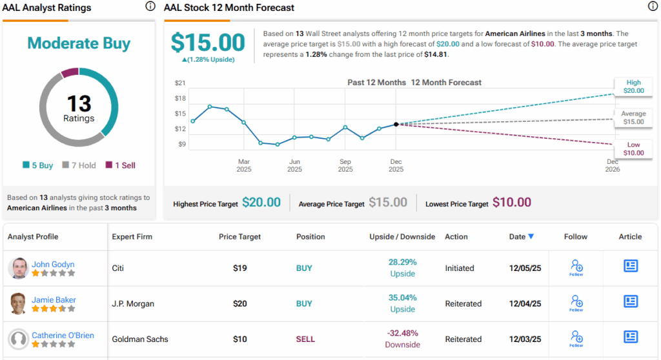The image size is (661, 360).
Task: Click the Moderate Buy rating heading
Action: coord(79,44)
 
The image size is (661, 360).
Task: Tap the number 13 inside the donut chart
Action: coord(79,103)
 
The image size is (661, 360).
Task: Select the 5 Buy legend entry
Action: coord(38,165)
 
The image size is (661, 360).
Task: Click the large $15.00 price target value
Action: coord(208,43)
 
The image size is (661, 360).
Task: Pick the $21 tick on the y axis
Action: coord(180,83)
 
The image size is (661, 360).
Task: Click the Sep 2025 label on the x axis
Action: coord(345,165)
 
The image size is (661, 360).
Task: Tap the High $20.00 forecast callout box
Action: coord(633,86)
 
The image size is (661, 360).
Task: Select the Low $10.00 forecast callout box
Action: coord(633,148)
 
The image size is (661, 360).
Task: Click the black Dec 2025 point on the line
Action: coord(396,124)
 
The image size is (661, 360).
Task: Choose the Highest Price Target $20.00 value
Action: coord(261,203)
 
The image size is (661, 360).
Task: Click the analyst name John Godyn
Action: coord(53,264)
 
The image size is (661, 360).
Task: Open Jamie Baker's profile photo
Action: coord(18,303)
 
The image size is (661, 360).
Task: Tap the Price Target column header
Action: coord(239,237)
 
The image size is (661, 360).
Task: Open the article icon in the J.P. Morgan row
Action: coord(631,301)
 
